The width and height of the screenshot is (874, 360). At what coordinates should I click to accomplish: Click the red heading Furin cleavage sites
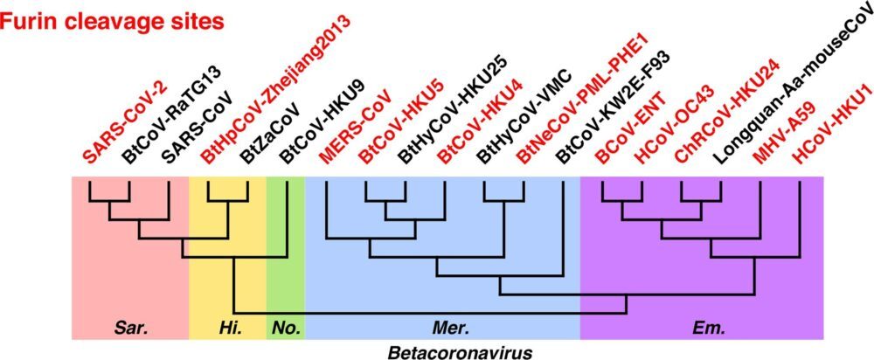(x=113, y=22)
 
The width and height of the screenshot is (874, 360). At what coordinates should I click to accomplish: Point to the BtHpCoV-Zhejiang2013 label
(x=276, y=90)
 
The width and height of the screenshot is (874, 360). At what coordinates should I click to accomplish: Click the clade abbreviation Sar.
(x=132, y=329)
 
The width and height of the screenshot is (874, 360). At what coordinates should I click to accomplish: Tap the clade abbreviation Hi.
(x=228, y=329)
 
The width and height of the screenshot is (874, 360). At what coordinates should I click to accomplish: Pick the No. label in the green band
(x=286, y=329)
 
